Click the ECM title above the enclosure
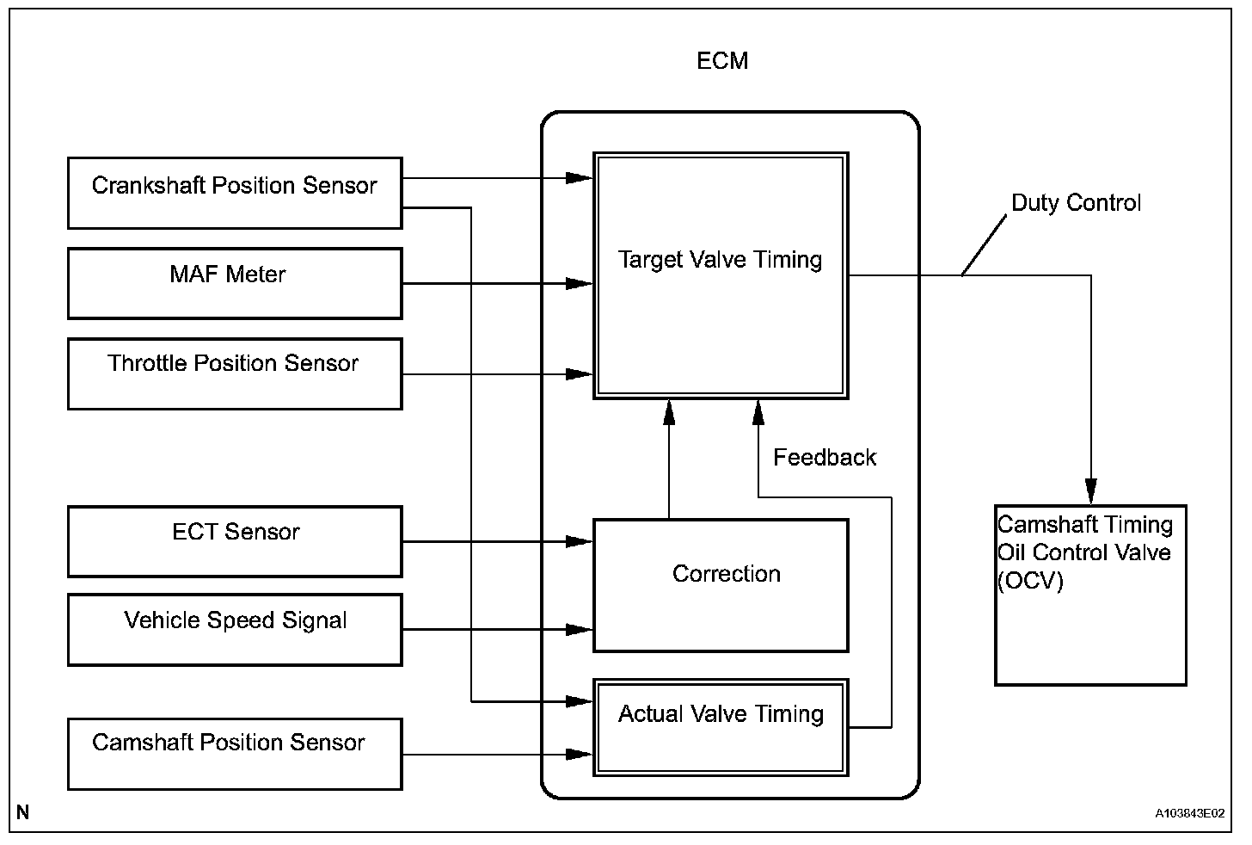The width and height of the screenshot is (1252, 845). coord(722,60)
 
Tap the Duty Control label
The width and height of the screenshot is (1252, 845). coord(1076,202)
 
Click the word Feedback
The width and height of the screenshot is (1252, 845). coord(825,458)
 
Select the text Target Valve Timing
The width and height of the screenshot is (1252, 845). coord(720,260)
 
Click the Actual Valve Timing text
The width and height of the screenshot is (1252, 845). coord(721,714)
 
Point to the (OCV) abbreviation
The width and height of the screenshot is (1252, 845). coord(1030,581)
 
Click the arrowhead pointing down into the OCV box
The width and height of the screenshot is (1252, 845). coord(1091,491)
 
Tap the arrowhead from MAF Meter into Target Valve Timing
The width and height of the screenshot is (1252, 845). coord(579,283)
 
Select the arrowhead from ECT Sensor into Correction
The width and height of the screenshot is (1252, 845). coord(579,541)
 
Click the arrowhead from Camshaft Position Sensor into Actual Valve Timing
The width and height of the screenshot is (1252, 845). coord(579,755)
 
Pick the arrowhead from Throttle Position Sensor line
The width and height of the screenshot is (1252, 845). coord(579,374)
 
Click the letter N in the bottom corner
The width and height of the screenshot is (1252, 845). coord(23,812)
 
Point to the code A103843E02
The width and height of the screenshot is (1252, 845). coord(1190,813)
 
